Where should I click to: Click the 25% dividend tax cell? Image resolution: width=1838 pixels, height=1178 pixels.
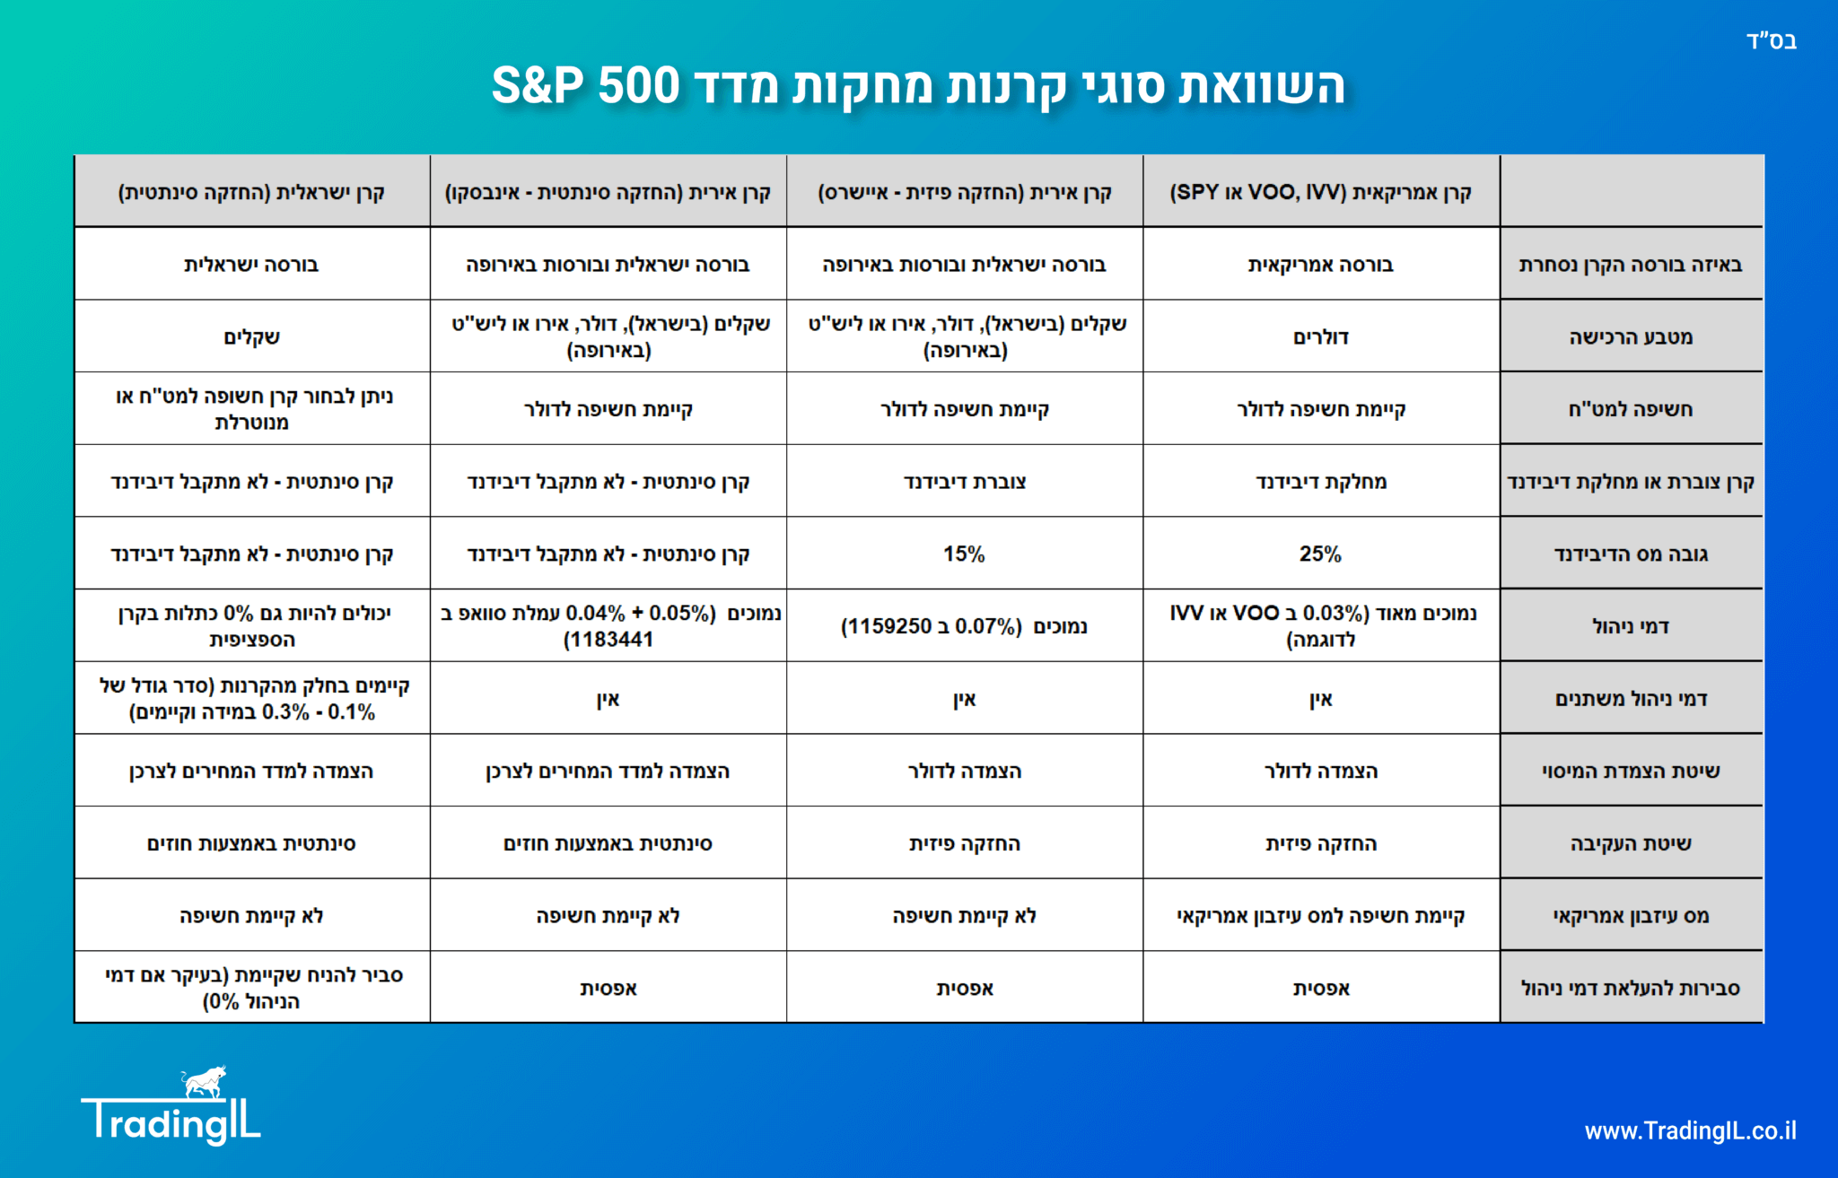pyautogui.click(x=1320, y=554)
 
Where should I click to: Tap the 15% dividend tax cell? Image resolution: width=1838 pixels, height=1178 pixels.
pyautogui.click(x=964, y=554)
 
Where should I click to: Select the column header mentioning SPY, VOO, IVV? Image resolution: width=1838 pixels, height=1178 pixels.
pyautogui.click(x=1320, y=192)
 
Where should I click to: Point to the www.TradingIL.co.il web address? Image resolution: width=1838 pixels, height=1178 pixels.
pyautogui.click(x=1690, y=1130)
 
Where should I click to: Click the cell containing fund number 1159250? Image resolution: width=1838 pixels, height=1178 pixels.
pyautogui.click(x=964, y=626)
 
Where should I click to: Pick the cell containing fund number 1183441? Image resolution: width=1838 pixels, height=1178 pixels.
pyautogui.click(x=608, y=626)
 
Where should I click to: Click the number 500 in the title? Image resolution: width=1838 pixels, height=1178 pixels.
pyautogui.click(x=639, y=86)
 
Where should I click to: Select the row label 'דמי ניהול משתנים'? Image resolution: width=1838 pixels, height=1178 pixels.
pyautogui.click(x=1631, y=699)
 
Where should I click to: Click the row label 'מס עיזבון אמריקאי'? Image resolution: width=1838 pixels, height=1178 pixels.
pyautogui.click(x=1631, y=916)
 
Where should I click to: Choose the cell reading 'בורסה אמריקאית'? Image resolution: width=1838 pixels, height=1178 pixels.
pyautogui.click(x=1320, y=265)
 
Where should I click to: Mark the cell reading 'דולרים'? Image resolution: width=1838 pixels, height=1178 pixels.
pyautogui.click(x=1320, y=337)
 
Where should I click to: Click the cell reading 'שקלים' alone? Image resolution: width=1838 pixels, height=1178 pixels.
pyautogui.click(x=251, y=337)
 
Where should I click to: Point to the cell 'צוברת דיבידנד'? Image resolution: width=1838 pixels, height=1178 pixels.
pyautogui.click(x=964, y=482)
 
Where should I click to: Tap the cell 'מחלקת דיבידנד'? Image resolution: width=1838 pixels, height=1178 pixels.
pyautogui.click(x=1320, y=482)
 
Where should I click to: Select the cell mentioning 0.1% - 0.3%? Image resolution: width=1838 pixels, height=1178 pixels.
pyautogui.click(x=251, y=699)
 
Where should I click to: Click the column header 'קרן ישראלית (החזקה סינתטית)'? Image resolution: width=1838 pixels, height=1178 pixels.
pyautogui.click(x=251, y=192)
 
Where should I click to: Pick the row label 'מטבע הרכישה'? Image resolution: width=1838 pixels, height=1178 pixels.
pyautogui.click(x=1631, y=337)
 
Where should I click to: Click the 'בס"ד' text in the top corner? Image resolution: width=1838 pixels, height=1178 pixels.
pyautogui.click(x=1772, y=40)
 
